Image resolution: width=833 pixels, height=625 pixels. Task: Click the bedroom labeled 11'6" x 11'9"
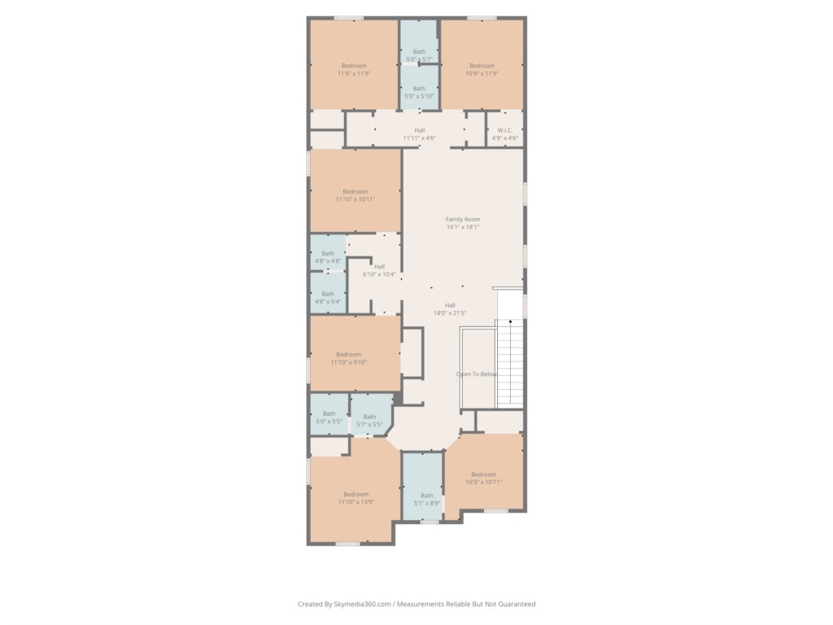(x=354, y=69)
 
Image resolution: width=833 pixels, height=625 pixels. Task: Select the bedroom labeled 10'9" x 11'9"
(x=482, y=69)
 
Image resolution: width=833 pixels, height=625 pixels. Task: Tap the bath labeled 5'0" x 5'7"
(x=419, y=55)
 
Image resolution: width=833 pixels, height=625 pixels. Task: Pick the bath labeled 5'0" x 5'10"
(x=419, y=92)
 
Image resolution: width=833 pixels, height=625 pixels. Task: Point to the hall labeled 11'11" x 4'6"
(x=420, y=133)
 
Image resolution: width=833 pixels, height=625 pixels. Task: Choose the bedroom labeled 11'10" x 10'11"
(x=355, y=195)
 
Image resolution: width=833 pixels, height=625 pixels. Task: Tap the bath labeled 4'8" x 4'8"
(x=328, y=257)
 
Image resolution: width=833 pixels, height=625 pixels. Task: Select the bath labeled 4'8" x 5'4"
(x=328, y=297)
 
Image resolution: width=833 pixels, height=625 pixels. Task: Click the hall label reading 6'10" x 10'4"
(x=379, y=270)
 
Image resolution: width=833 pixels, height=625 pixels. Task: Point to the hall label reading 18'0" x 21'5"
(x=450, y=308)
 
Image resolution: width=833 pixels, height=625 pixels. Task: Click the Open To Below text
(x=477, y=374)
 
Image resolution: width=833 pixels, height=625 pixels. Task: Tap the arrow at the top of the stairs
(x=511, y=323)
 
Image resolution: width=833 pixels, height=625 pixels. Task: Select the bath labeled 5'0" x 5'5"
(x=329, y=418)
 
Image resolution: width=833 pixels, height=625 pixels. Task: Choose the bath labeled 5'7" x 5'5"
(x=369, y=421)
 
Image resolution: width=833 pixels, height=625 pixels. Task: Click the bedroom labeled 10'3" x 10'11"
(x=483, y=478)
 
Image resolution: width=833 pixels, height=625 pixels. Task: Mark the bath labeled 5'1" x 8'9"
(x=427, y=499)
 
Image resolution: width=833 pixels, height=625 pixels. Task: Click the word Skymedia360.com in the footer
(x=363, y=604)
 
